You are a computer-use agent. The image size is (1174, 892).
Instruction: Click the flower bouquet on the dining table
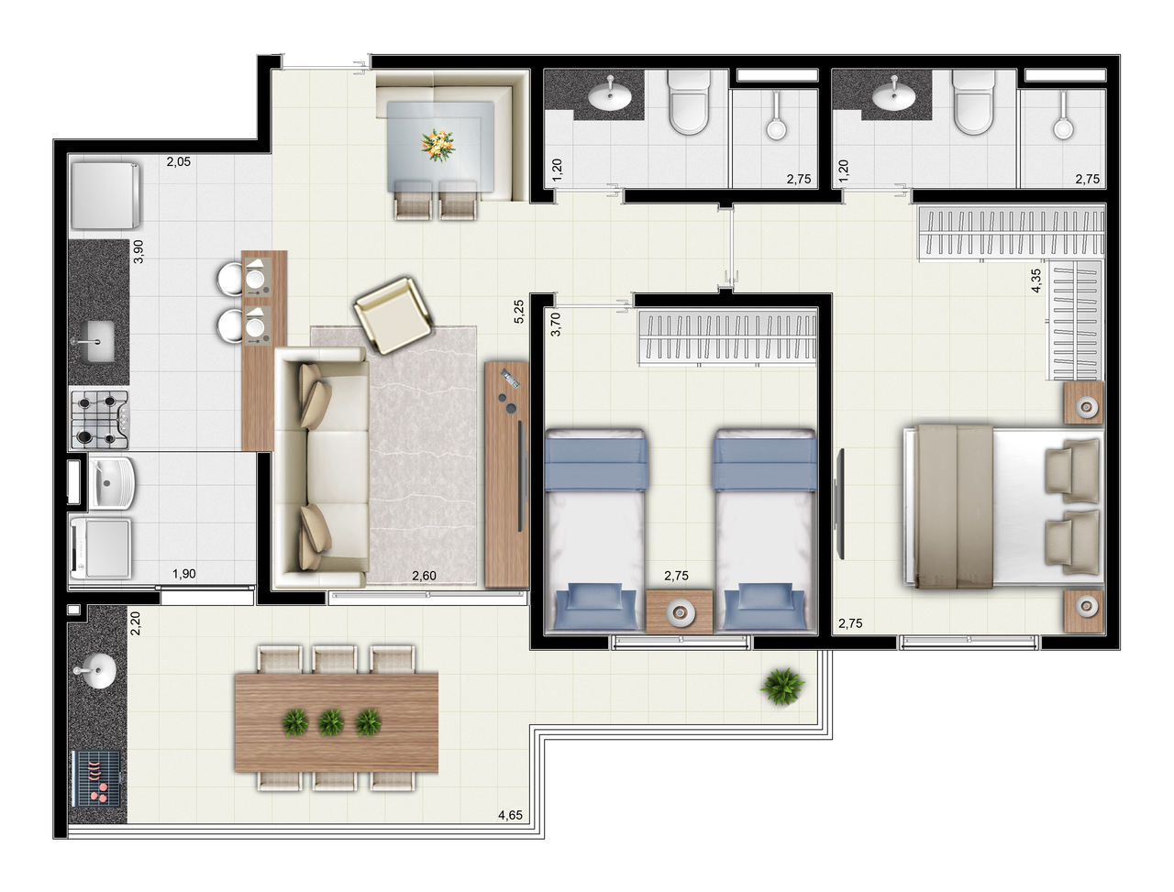point(437,143)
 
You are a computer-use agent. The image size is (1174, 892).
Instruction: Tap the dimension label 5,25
point(518,312)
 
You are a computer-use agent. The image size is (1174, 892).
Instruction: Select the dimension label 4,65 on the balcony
point(510,814)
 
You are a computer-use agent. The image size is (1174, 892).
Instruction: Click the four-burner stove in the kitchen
point(100,419)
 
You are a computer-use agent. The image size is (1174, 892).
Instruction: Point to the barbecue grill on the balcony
point(96,776)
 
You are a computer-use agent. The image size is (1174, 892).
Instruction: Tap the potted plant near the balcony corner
point(782,684)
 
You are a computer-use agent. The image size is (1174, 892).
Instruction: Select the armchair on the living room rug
point(395,314)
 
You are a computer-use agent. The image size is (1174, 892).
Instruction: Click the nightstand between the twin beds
point(679,612)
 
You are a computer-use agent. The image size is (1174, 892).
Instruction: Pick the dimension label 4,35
point(1036,280)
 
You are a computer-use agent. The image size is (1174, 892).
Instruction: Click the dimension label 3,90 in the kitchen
point(138,251)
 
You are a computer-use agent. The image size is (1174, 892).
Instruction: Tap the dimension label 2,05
point(178,162)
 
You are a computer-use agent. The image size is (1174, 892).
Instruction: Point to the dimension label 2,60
point(424,575)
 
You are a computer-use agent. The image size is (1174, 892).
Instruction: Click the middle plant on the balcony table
point(330,722)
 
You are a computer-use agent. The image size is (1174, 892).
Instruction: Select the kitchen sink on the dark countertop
point(94,341)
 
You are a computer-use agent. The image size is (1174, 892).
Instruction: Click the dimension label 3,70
point(554,323)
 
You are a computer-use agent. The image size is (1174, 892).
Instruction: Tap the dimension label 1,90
point(184,574)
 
